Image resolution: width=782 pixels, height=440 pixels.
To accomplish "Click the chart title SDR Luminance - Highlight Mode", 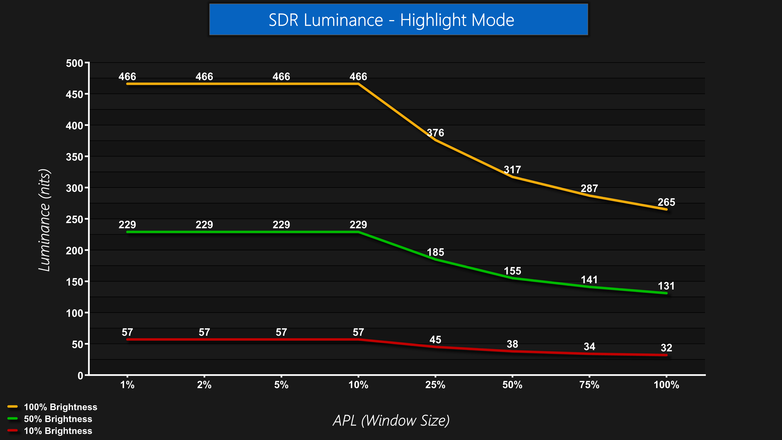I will (x=391, y=20).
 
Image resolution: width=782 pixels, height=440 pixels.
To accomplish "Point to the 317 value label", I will (x=512, y=169).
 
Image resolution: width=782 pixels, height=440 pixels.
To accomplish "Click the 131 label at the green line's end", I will (x=666, y=286).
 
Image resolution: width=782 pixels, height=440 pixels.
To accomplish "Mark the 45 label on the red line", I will (x=435, y=340).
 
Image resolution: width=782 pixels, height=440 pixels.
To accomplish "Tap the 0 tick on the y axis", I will (x=80, y=376).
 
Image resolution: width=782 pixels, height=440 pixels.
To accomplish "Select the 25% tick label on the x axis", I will (x=435, y=385).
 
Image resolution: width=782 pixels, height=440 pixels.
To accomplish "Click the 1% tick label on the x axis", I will (x=127, y=385).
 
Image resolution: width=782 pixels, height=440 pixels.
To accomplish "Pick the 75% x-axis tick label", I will (x=589, y=385).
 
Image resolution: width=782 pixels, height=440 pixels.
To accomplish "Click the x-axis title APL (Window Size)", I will (x=391, y=421).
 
